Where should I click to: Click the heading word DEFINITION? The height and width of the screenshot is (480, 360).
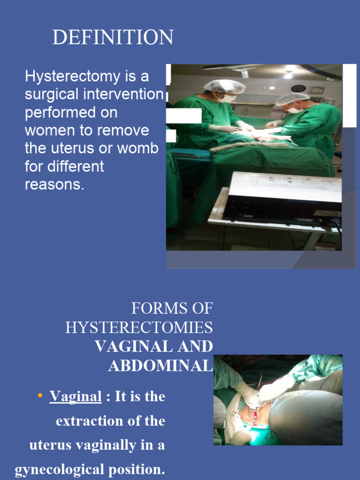coord(112,37)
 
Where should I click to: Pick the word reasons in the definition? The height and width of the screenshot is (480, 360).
coord(54,184)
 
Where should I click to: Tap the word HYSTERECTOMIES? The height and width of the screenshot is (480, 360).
coord(139,327)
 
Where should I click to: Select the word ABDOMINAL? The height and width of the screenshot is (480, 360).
coord(160,365)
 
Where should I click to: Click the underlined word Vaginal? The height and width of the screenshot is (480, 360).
coord(75,397)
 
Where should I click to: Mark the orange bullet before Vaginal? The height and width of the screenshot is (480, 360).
coord(40,396)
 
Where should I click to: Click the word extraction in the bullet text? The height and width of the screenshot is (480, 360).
coord(89,421)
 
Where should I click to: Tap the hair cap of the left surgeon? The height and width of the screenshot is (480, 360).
coord(225,86)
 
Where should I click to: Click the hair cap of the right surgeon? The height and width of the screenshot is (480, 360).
coord(292,98)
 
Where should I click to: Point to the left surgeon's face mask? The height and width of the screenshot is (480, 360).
coord(227,98)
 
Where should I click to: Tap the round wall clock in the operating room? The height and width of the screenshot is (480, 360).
coord(298,88)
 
